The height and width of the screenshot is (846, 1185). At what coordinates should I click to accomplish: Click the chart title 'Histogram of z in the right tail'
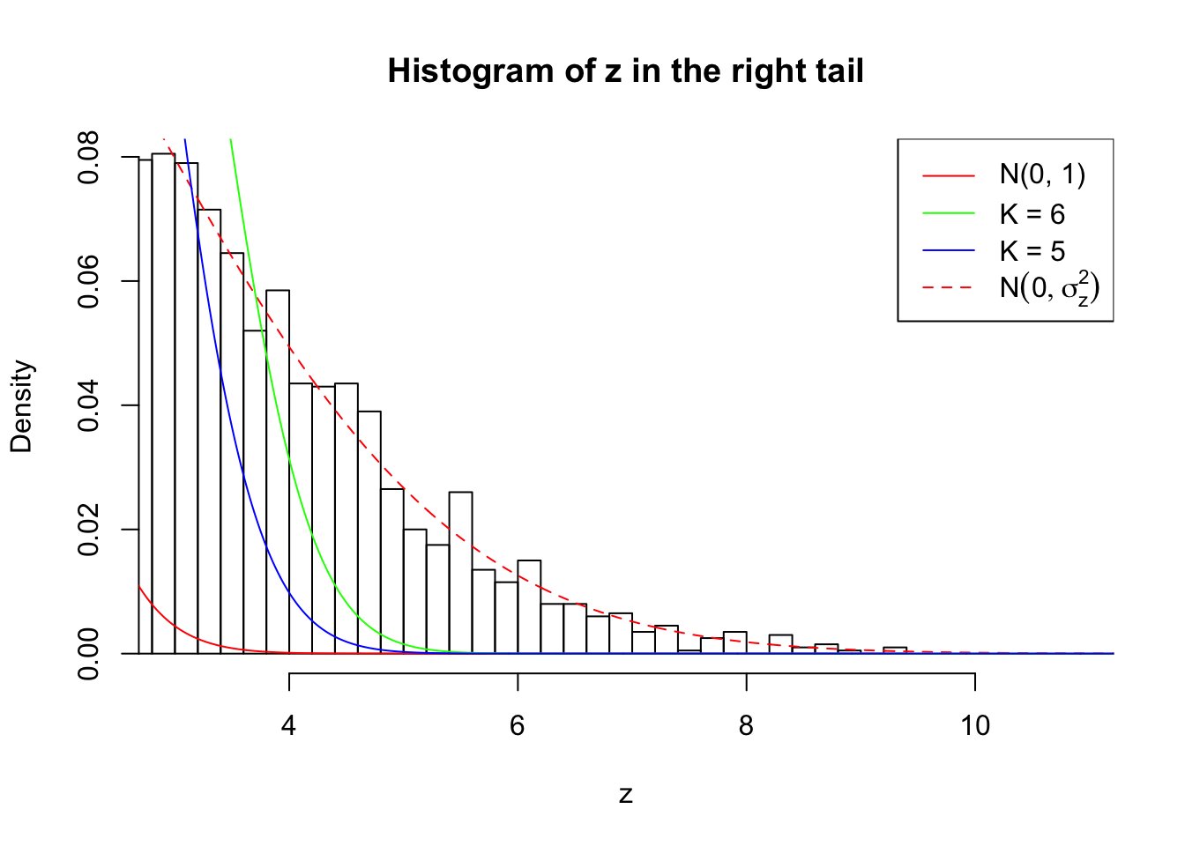tap(625, 71)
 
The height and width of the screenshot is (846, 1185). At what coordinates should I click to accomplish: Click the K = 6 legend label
tap(1032, 214)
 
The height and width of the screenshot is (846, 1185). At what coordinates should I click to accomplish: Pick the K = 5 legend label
tap(1032, 251)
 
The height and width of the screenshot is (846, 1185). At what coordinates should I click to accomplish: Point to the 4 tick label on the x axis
tap(288, 725)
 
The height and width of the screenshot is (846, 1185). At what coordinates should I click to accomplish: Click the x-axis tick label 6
tap(518, 725)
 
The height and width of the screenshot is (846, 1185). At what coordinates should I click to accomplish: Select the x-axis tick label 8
tap(746, 725)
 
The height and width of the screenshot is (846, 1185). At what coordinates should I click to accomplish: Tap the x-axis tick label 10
tap(974, 725)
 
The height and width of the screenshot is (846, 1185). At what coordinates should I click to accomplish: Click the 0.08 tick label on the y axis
tap(88, 158)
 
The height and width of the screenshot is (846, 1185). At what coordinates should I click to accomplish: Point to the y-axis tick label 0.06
tap(88, 282)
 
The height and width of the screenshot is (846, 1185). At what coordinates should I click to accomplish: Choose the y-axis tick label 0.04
tap(88, 406)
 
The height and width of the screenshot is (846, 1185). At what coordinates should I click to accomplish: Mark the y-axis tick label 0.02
tap(88, 531)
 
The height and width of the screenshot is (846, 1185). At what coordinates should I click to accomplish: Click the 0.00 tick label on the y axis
tap(88, 654)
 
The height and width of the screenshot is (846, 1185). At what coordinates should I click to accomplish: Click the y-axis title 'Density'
tap(21, 406)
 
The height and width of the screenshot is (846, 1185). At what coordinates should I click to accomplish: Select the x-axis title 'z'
tap(625, 795)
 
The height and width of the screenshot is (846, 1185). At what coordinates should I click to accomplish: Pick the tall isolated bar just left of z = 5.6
tap(460, 573)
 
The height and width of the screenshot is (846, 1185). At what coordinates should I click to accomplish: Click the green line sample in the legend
tap(949, 213)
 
